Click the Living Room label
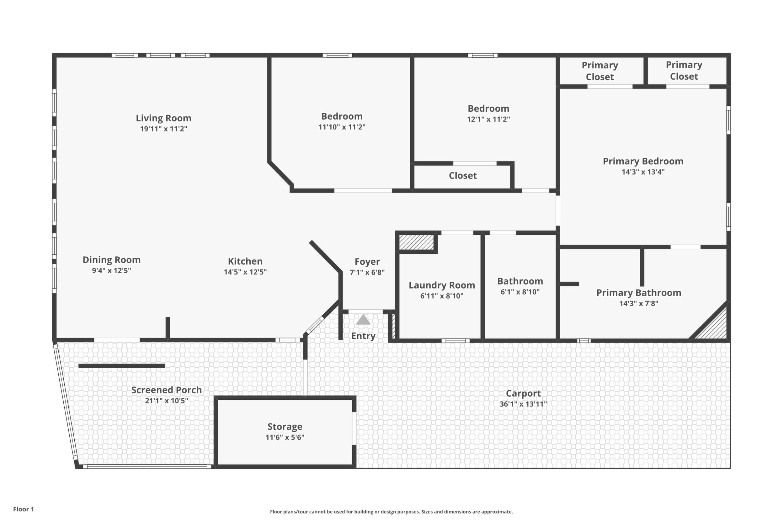[x=163, y=118]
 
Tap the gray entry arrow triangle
[x=363, y=320]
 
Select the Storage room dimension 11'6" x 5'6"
[x=285, y=437]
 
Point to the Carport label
[x=523, y=393]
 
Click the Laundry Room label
[x=442, y=285]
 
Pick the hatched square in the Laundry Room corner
[x=417, y=242]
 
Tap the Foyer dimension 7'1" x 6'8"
[x=367, y=272]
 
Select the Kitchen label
[x=245, y=261]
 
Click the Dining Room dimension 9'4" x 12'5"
[x=112, y=271]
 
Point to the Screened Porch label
[x=167, y=390]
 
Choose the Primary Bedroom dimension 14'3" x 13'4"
[x=643, y=172]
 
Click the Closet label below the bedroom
[x=463, y=175]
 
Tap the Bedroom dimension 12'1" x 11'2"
[x=488, y=119]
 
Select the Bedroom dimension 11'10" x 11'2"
[x=342, y=127]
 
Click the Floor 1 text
[x=24, y=509]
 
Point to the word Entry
[x=363, y=336]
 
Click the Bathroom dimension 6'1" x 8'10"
[x=520, y=292]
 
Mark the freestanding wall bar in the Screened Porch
[x=121, y=366]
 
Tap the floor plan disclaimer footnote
[x=391, y=512]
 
